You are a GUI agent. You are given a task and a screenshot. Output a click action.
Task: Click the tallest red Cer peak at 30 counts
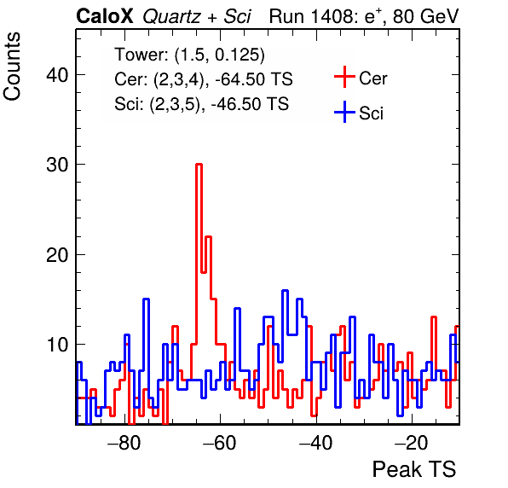199,165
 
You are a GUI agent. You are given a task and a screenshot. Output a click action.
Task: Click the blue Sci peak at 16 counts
285,291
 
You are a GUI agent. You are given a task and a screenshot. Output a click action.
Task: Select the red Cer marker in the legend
344,77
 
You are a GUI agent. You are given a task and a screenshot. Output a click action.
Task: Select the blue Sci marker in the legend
344,112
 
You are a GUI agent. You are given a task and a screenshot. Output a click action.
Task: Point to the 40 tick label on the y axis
57,75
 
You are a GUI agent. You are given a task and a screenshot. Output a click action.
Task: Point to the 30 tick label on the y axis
57,165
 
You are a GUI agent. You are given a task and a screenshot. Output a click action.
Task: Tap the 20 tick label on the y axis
57,255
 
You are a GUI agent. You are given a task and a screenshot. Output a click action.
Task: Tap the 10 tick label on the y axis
57,345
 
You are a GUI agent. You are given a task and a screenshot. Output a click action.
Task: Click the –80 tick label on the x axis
124,442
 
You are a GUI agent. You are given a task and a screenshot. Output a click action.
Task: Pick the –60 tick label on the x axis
220,442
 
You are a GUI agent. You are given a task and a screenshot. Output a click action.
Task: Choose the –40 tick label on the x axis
316,442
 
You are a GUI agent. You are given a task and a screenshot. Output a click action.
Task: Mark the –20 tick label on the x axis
412,442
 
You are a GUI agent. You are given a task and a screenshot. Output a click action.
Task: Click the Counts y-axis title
12,67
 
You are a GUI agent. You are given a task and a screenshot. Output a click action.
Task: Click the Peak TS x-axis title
414,469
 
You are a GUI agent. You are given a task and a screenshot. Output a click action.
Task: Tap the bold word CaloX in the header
105,16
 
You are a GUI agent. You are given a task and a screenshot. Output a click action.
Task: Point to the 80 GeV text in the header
425,16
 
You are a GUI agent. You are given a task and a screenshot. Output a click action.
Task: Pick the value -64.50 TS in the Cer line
254,78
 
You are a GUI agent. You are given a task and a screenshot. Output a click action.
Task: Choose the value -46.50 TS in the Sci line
250,104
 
